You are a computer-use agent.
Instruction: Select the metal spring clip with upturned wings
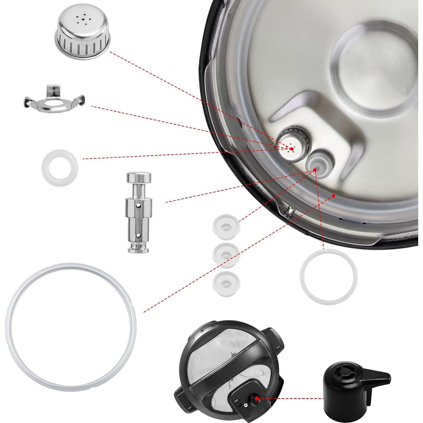pyautogui.click(x=54, y=101)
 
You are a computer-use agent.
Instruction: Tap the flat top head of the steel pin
pyautogui.click(x=138, y=177)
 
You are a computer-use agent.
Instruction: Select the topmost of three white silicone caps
pyautogui.click(x=226, y=226)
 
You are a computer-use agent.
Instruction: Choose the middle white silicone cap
pyautogui.click(x=226, y=255)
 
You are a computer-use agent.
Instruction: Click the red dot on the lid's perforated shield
pyautogui.click(x=291, y=149)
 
